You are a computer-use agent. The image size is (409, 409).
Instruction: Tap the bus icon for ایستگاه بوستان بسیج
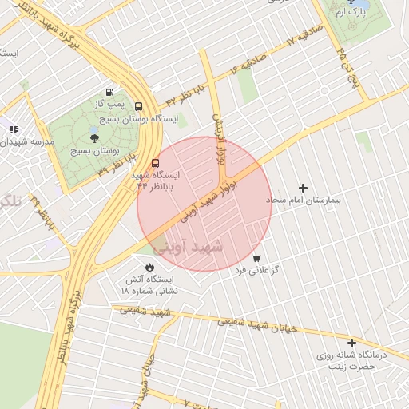pyautogui.click(x=139, y=106)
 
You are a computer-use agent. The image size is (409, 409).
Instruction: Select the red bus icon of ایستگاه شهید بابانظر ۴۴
pyautogui.click(x=155, y=163)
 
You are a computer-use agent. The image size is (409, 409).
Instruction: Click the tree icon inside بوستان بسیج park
pyautogui.click(x=95, y=138)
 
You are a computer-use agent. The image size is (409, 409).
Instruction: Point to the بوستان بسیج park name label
pyautogui.click(x=95, y=150)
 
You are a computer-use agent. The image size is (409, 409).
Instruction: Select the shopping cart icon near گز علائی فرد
pyautogui.click(x=256, y=258)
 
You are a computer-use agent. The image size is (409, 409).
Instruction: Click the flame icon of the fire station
pyautogui.click(x=149, y=267)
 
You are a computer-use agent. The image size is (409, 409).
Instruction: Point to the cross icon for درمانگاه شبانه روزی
pyautogui.click(x=351, y=342)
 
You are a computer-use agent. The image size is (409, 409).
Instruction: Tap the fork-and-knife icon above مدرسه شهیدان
pyautogui.click(x=14, y=129)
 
